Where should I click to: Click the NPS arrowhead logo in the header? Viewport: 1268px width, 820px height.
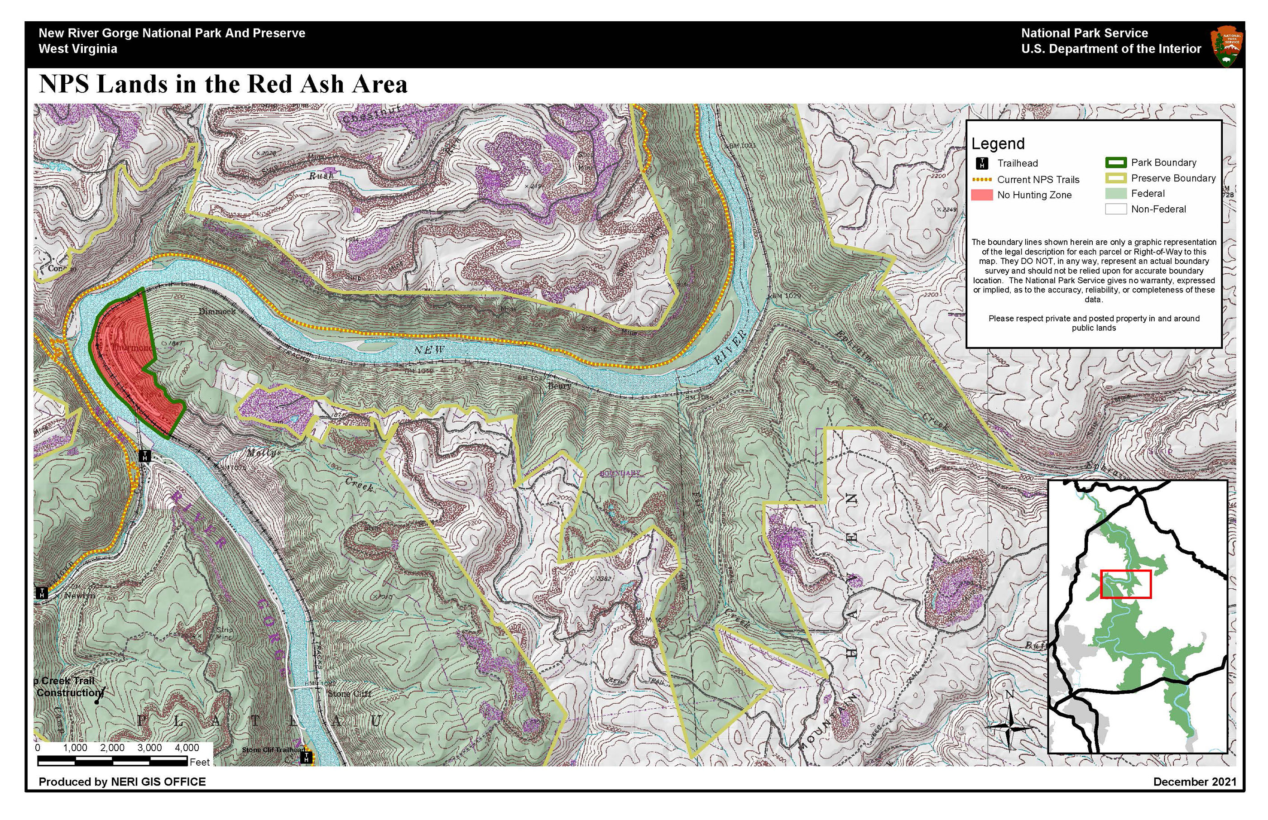(x=1227, y=48)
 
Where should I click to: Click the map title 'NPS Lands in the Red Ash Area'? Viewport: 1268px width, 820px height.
(x=223, y=84)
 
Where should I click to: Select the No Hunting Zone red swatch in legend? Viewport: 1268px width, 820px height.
(x=981, y=195)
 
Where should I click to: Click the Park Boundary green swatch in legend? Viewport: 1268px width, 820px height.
(x=1116, y=162)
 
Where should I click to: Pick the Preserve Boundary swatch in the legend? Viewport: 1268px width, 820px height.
(x=1116, y=178)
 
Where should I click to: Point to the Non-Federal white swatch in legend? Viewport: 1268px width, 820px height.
(x=1116, y=209)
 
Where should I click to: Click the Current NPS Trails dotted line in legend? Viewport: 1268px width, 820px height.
(x=981, y=180)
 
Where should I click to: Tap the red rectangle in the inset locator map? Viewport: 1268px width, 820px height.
(x=1125, y=584)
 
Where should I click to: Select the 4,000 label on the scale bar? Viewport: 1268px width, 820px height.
(x=187, y=748)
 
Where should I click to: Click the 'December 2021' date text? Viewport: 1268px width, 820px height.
(x=1195, y=782)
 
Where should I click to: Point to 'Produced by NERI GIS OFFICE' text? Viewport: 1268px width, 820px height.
(x=122, y=782)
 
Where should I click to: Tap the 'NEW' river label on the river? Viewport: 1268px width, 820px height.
(x=429, y=350)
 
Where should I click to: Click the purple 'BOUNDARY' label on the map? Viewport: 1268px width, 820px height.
(x=620, y=473)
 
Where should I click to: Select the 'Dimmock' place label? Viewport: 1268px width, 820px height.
(x=217, y=311)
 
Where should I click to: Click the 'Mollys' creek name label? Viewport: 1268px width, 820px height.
(x=264, y=453)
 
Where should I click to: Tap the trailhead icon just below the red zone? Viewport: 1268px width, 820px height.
(x=144, y=456)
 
